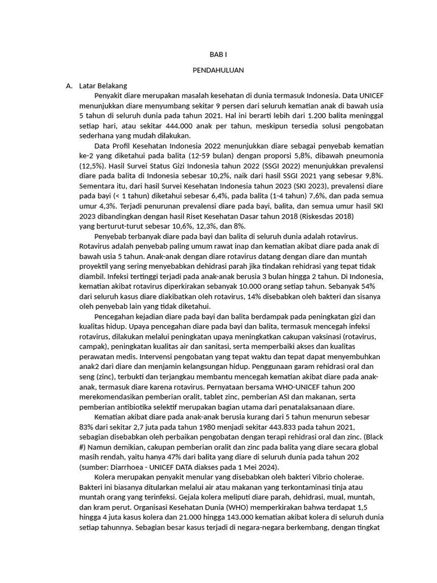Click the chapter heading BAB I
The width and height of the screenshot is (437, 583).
click(x=218, y=56)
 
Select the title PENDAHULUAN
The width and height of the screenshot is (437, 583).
click(x=218, y=71)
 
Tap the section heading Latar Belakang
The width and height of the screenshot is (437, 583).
click(x=103, y=86)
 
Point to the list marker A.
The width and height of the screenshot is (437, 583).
click(x=69, y=86)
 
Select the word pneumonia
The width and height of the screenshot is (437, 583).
click(x=362, y=155)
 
